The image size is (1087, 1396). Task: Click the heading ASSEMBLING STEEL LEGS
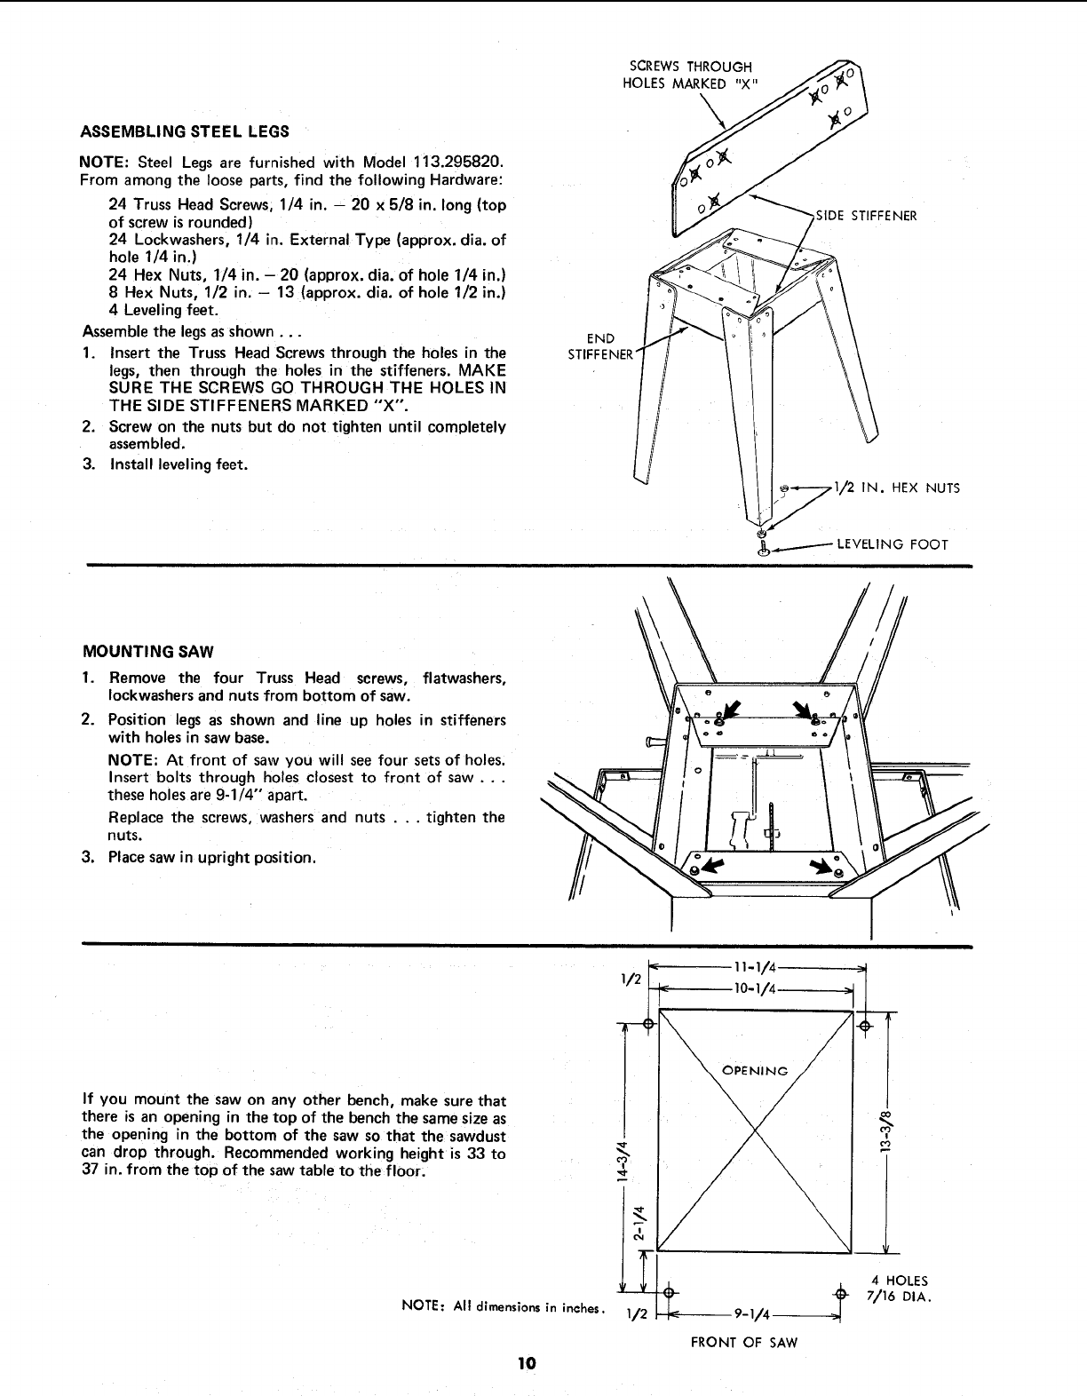tap(185, 131)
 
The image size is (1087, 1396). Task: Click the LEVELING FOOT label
tap(893, 544)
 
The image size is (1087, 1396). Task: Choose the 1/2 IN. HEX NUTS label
tap(896, 488)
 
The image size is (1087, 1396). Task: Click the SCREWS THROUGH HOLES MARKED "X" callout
tap(691, 75)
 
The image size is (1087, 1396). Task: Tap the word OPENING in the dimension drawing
tap(755, 1070)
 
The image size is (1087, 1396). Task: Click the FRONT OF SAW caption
tap(744, 1343)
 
